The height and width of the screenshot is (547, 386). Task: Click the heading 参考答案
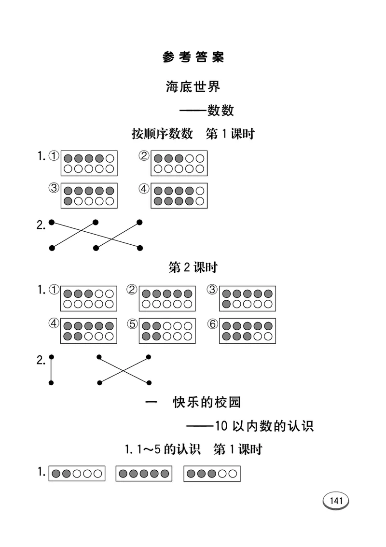click(x=193, y=57)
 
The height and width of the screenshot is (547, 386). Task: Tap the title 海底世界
click(x=193, y=87)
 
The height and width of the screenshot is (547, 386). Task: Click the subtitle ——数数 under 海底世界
click(x=207, y=111)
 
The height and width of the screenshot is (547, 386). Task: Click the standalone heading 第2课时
click(x=193, y=267)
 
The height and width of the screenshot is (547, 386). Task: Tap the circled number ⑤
click(x=132, y=324)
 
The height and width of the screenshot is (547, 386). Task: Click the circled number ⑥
click(x=212, y=324)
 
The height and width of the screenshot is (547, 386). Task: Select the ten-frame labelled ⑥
click(x=248, y=331)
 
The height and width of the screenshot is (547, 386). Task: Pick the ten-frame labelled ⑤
click(x=167, y=331)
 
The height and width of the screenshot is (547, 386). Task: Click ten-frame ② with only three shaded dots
click(x=179, y=163)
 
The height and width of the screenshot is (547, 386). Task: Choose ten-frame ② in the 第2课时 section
click(x=167, y=298)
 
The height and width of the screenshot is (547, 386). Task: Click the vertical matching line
click(x=51, y=370)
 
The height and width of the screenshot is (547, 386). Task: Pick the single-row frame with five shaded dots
click(x=144, y=474)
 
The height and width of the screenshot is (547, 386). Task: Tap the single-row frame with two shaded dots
click(x=76, y=474)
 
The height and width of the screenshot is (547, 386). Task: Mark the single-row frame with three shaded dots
click(x=212, y=474)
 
